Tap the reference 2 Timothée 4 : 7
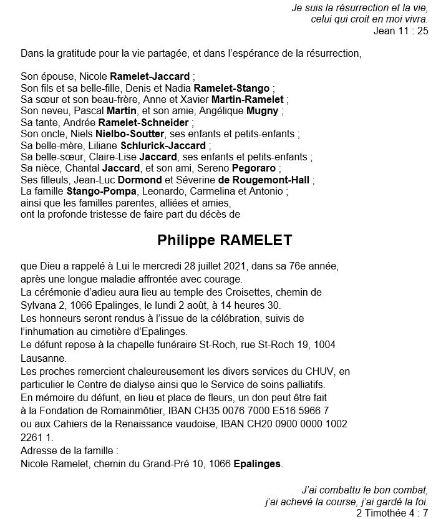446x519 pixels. [392, 513]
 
